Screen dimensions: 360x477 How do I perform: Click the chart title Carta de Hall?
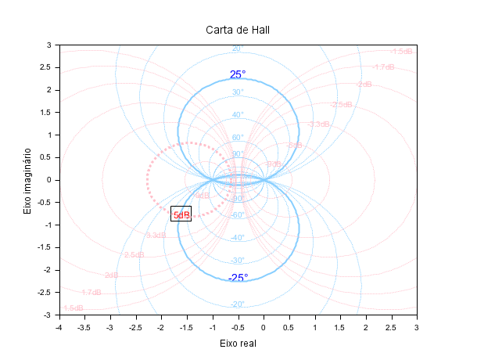click(x=238, y=30)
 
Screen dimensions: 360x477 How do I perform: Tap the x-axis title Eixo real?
click(x=238, y=343)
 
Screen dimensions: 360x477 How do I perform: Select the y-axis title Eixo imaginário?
click(x=28, y=180)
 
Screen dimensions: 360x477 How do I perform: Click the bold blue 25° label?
click(x=238, y=75)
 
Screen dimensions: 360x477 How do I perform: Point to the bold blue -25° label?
click(x=238, y=278)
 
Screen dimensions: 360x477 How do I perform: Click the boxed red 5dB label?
click(x=181, y=214)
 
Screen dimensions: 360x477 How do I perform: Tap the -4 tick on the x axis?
click(x=59, y=326)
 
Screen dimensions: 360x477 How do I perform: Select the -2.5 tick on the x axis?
click(x=135, y=326)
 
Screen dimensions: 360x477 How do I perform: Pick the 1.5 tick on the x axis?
click(x=339, y=326)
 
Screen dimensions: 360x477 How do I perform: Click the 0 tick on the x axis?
click(x=263, y=326)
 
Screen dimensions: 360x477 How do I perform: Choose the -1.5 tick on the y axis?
click(x=45, y=247)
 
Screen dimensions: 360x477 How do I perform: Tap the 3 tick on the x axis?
click(x=416, y=326)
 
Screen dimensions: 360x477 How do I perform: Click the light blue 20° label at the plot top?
click(x=238, y=49)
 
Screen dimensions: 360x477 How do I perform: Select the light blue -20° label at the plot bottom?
click(x=238, y=304)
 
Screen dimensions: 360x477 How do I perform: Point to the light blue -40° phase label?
click(x=238, y=238)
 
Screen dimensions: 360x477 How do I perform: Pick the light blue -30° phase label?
click(x=238, y=261)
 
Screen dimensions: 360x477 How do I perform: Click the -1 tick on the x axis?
click(x=212, y=326)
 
